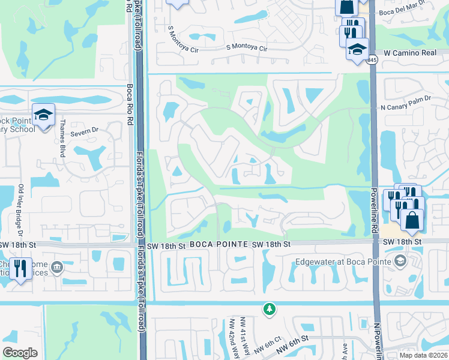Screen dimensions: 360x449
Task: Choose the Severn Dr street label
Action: [83, 134]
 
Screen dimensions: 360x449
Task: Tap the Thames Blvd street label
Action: [63, 135]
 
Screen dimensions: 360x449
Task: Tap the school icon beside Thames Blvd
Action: [44, 115]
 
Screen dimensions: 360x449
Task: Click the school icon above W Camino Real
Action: [357, 49]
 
